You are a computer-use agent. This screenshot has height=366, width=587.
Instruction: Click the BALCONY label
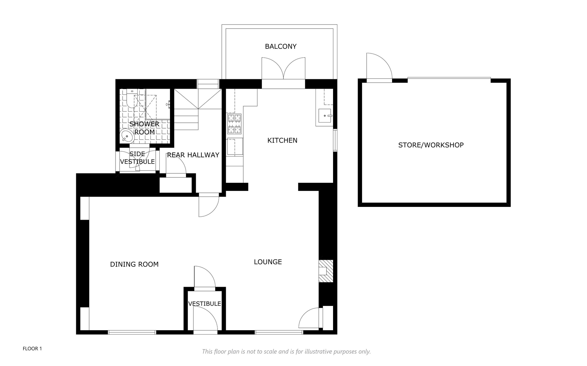(x=281, y=46)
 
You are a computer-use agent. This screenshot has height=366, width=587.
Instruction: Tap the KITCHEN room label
(x=282, y=141)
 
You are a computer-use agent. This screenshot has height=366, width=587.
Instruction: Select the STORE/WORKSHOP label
(x=431, y=145)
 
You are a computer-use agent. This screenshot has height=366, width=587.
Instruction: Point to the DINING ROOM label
(x=134, y=264)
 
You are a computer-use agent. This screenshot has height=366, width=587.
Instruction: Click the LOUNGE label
(x=268, y=262)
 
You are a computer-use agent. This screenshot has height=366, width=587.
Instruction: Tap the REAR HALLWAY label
(x=193, y=155)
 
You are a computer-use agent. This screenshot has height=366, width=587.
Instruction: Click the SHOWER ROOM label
(x=144, y=128)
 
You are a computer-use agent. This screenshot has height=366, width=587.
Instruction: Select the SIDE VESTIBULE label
(x=137, y=158)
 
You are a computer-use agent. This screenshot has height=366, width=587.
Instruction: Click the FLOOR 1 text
(x=32, y=349)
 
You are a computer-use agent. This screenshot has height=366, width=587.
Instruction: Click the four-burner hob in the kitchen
(x=234, y=124)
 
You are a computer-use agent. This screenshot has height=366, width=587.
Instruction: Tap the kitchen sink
(x=325, y=116)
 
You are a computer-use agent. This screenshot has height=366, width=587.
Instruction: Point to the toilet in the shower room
(x=132, y=98)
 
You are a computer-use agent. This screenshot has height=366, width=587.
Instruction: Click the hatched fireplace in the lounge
(x=326, y=271)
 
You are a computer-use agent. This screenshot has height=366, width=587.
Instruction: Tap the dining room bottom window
(x=132, y=332)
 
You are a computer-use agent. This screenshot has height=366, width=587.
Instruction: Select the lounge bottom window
(x=279, y=332)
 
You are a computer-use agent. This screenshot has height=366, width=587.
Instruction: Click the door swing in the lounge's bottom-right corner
(x=309, y=318)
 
